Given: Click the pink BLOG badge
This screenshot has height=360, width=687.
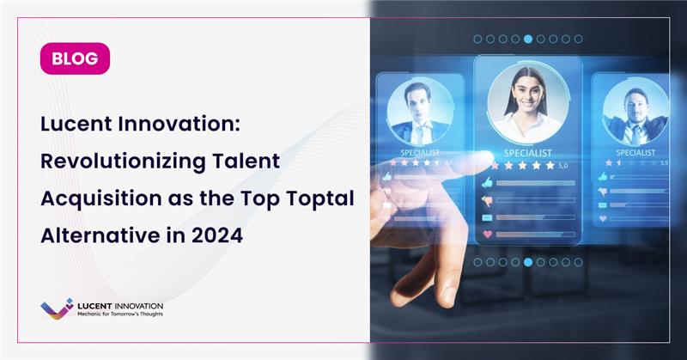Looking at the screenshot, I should [x=75, y=59].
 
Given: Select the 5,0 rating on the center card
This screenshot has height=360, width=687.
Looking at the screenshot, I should [x=563, y=165].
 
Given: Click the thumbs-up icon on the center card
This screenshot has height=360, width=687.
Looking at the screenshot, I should [x=488, y=182].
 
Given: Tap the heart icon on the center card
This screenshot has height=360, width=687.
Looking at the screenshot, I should [x=488, y=234].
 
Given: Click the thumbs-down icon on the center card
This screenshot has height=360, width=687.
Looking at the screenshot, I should [x=488, y=200].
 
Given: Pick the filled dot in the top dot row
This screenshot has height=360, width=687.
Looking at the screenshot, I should [x=528, y=39].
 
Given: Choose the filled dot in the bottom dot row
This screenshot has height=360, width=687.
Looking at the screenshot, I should [x=528, y=262].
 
